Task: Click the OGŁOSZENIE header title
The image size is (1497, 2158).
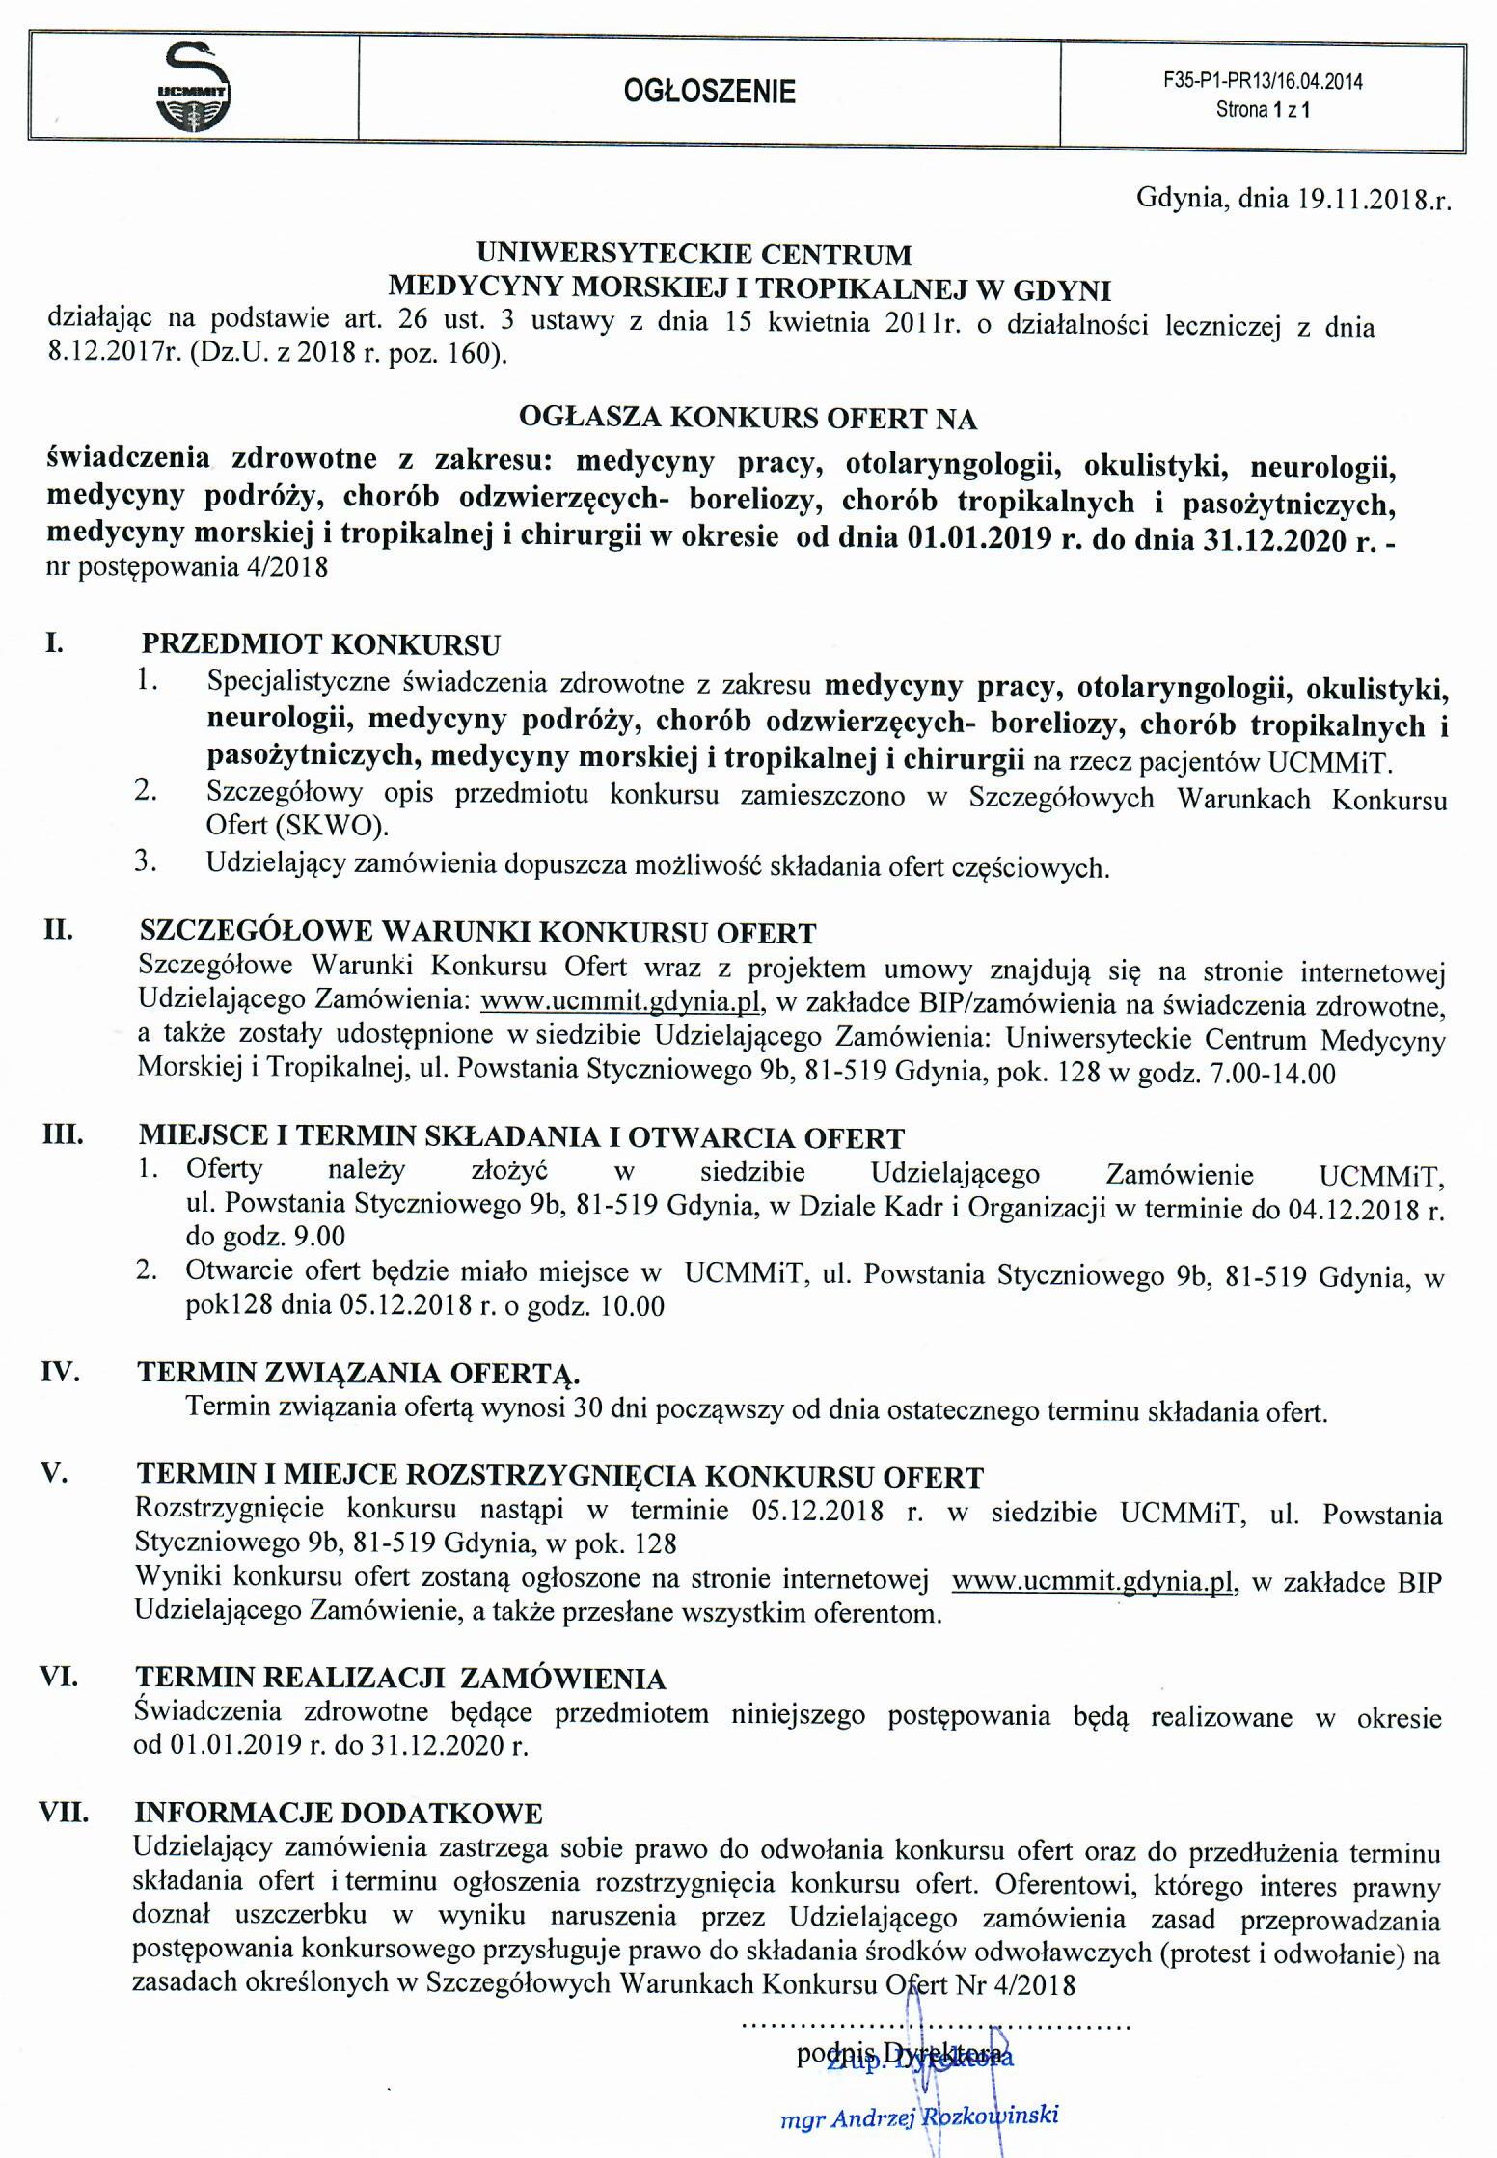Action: point(709,92)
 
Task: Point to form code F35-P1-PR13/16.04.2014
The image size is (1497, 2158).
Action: point(1263,82)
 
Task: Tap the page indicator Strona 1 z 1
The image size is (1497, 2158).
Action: point(1263,110)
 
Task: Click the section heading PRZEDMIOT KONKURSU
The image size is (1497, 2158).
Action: point(321,643)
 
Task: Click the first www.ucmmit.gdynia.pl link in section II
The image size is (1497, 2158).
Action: point(622,1003)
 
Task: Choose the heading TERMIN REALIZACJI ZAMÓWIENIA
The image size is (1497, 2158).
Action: point(401,1679)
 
